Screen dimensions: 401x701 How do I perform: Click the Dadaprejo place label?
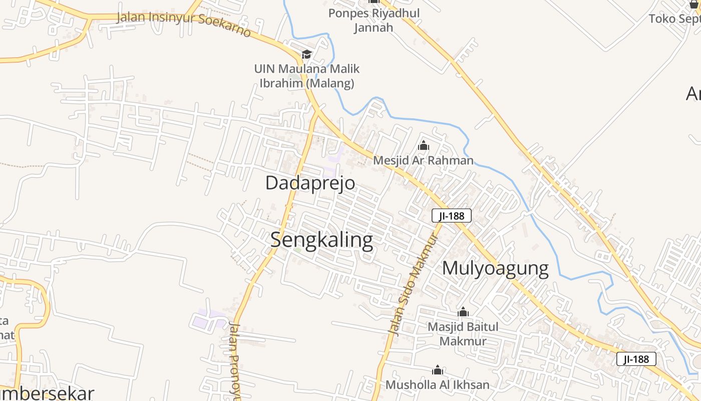point(310,183)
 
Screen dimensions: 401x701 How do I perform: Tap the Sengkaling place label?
point(321,240)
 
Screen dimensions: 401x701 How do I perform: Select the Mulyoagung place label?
point(495,268)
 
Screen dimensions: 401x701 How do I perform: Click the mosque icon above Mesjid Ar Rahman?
point(424,146)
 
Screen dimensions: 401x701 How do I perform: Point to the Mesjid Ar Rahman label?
point(423,160)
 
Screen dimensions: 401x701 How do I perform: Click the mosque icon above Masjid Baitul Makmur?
point(463,312)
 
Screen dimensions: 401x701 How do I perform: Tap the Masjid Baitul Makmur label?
point(463,334)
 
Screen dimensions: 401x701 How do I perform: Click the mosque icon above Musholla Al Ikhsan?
point(438,370)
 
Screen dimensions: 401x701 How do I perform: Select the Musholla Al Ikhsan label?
point(437,385)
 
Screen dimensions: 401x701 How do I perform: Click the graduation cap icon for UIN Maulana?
point(306,54)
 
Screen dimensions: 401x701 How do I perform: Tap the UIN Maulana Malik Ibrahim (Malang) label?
point(306,76)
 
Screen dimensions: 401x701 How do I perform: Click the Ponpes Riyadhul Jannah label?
point(374,20)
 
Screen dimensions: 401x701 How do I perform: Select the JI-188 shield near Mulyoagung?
point(451,216)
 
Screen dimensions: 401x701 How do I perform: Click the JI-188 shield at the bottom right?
point(636,359)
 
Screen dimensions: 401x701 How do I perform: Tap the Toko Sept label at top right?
point(674,19)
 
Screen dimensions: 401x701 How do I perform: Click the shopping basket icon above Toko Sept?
point(694,5)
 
